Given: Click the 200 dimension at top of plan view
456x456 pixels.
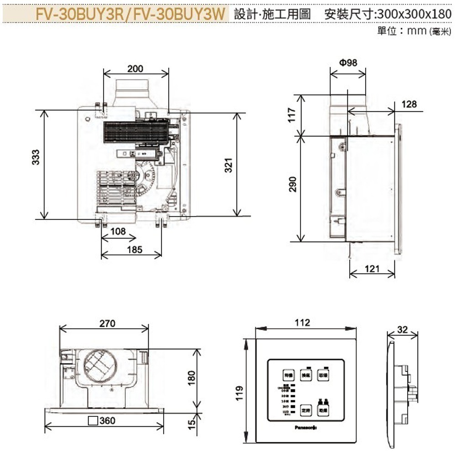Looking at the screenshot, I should pos(135,69).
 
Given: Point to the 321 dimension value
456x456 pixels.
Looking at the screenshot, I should pos(229,164).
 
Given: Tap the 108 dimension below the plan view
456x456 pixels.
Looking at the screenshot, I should pos(118,231).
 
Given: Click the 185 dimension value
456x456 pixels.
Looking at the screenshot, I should pos(135,249).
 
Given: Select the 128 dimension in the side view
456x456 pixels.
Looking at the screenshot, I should pos(409,104).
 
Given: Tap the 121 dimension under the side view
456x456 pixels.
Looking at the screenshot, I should pos(372,269).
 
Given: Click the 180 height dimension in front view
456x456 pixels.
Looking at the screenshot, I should pos(192,377).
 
